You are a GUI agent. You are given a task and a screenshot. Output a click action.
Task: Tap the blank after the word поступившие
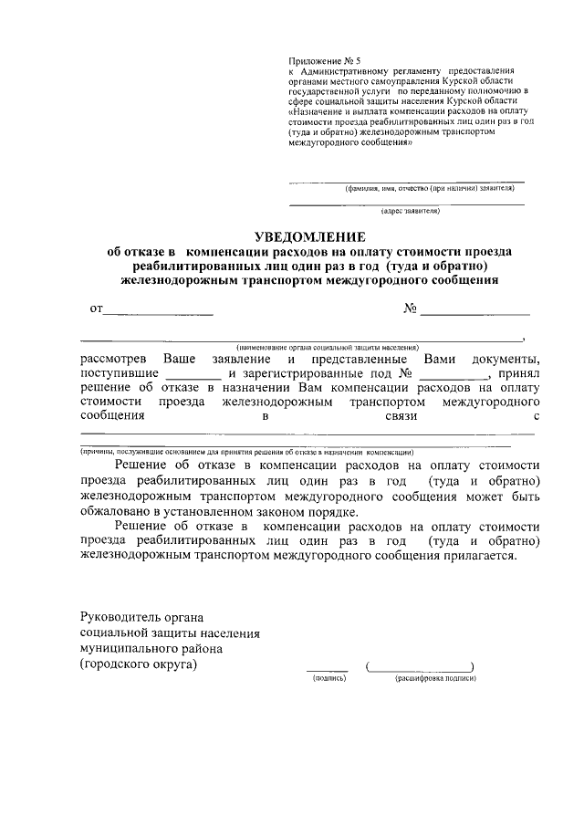[194, 374]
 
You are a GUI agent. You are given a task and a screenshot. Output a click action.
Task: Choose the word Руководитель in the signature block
[120, 617]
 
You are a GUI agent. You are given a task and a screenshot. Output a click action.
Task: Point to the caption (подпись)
[327, 679]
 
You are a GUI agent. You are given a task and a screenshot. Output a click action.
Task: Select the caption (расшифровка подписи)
[435, 679]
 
